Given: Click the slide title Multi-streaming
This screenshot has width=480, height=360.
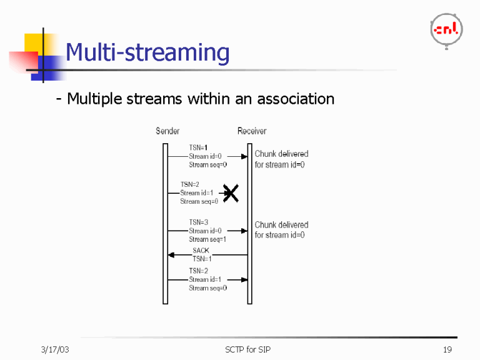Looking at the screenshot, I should pos(147,52).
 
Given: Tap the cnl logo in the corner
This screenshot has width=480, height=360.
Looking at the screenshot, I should pos(446,29).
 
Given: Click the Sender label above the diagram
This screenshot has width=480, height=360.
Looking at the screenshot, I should pos(167,131).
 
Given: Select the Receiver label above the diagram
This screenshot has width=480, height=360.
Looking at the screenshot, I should pos(252,131).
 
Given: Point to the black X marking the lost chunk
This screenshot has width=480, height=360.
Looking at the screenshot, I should pos(231,194).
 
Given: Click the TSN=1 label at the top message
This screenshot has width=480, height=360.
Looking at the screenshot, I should pos(199,148).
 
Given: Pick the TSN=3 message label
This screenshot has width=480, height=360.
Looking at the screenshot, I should pos(199,222).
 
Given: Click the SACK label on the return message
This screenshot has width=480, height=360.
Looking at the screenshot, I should pos(201,251).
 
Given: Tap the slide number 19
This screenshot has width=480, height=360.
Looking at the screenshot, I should pos(447,349).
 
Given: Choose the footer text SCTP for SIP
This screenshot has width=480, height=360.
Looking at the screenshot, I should pos(248,349).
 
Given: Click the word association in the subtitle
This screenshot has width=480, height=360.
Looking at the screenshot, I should pos(296,99).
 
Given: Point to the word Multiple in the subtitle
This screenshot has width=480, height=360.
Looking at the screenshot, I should pos(95,99).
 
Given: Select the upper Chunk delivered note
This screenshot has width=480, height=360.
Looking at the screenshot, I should pos(281,159).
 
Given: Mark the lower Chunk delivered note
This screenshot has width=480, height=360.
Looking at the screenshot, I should pos(281,230).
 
